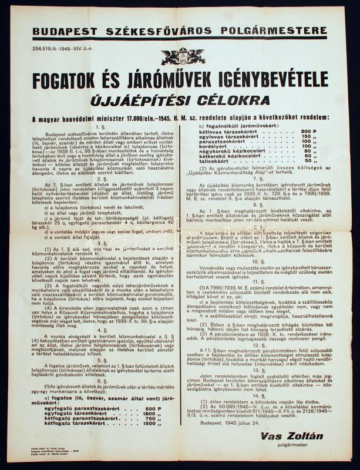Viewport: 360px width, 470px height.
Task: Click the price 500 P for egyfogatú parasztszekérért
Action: (x=151, y=408)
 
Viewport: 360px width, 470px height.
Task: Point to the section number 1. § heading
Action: (x=103, y=126)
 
